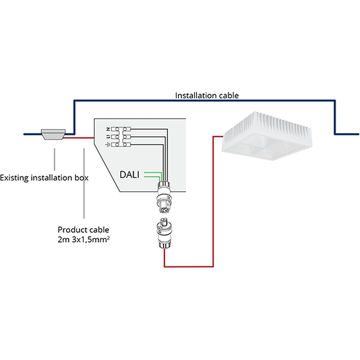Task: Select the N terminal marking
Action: pyautogui.click(x=107, y=129)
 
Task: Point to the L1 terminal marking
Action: pyautogui.click(x=107, y=136)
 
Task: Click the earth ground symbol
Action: pyautogui.click(x=107, y=144)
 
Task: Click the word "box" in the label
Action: pyautogui.click(x=82, y=177)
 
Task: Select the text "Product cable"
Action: pyautogui.click(x=83, y=229)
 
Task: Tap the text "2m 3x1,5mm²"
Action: pyautogui.click(x=83, y=238)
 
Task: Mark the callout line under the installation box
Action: pyautogui.click(x=54, y=158)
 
